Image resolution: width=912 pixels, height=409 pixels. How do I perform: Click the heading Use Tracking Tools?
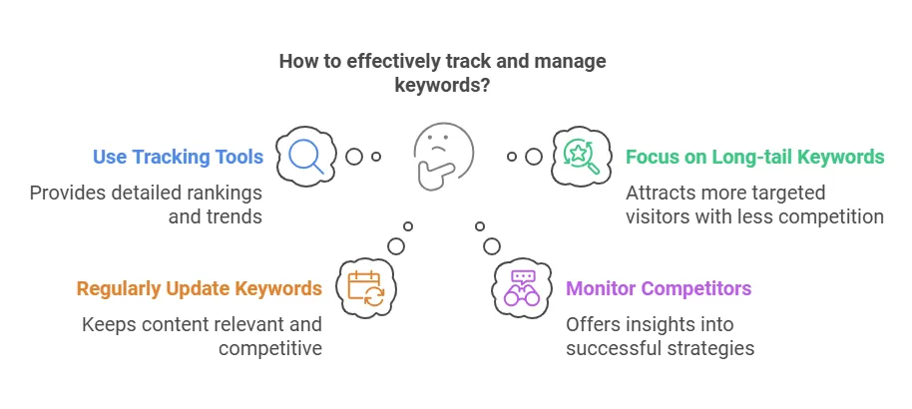[x=178, y=157]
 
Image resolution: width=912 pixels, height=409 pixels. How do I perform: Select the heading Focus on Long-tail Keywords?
[x=754, y=157]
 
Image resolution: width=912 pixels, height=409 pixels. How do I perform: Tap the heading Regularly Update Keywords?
[x=200, y=289]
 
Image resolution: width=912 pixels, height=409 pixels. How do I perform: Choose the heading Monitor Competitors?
[x=659, y=289]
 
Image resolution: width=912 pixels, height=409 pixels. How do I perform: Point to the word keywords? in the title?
[x=442, y=86]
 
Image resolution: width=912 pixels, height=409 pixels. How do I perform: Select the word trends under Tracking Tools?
[x=232, y=216]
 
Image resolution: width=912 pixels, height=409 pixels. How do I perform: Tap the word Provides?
[x=67, y=193]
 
